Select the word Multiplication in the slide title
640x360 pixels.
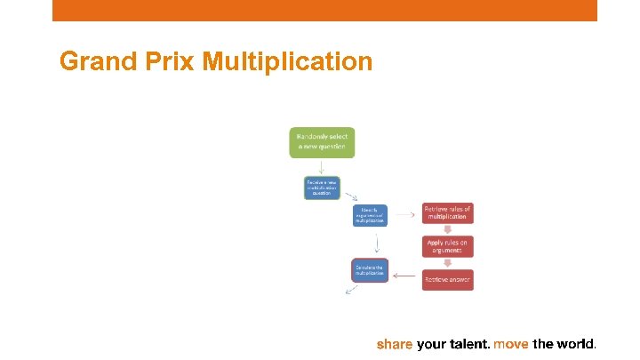point(287,61)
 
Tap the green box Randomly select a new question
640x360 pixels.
point(322,142)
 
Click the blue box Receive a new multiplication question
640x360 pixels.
point(322,188)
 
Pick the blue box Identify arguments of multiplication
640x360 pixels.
point(370,215)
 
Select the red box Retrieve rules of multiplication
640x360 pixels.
point(447,212)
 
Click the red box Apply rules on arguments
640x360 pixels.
point(447,246)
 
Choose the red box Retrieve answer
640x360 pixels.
point(447,279)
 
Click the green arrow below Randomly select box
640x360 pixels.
point(322,167)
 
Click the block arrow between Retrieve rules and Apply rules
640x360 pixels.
point(447,229)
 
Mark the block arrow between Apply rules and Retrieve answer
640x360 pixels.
point(447,263)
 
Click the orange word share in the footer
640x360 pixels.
point(395,343)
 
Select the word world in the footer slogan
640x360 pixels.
point(575,343)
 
